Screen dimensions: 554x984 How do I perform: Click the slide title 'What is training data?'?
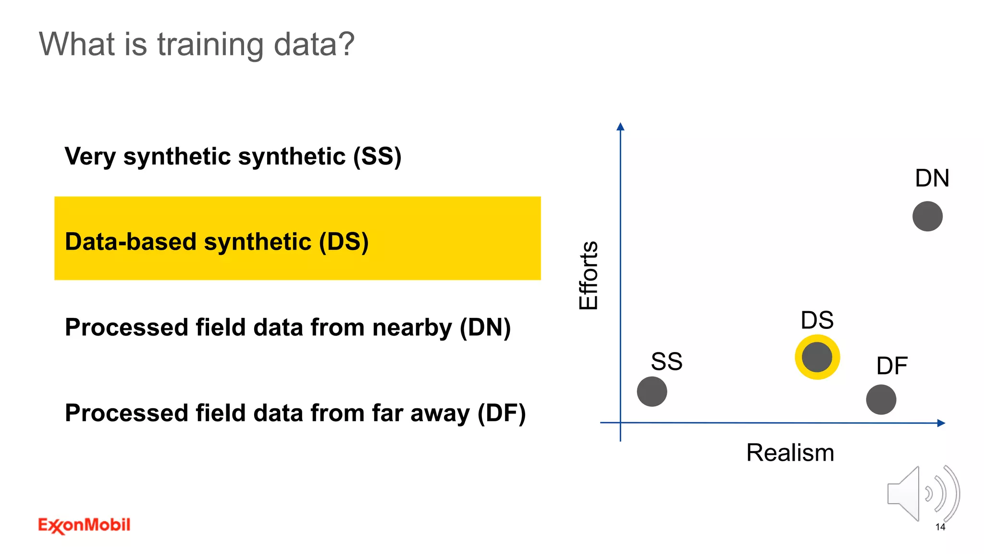[x=197, y=44]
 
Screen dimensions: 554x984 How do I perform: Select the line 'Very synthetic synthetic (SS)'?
[x=233, y=156]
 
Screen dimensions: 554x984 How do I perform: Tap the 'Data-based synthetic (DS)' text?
[x=217, y=241]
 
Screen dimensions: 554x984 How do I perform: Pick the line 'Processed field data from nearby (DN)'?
[x=288, y=327]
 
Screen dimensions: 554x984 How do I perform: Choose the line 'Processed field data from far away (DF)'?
[x=295, y=413]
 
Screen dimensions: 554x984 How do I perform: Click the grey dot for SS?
[x=652, y=391]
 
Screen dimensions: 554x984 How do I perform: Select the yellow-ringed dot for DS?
[x=817, y=357]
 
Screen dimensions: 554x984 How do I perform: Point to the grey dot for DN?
[x=927, y=216]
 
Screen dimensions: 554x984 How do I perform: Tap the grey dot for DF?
[x=881, y=400]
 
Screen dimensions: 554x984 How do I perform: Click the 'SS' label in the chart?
[x=666, y=362]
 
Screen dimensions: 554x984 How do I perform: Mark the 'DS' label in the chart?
[x=817, y=320]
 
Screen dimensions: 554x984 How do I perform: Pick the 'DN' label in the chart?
[x=932, y=178]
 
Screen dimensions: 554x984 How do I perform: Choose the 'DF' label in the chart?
[x=892, y=366]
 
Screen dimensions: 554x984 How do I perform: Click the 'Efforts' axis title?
[x=589, y=276]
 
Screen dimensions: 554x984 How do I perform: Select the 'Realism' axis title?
[x=790, y=453]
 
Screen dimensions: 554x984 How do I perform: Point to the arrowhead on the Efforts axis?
[x=620, y=126]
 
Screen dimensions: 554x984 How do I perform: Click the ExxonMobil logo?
[x=84, y=525]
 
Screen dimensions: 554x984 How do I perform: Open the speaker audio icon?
[x=922, y=493]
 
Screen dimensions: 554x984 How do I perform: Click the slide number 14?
[x=940, y=527]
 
